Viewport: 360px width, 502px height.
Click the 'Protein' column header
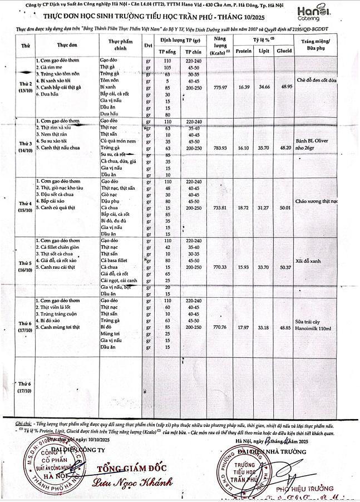click(x=243, y=50)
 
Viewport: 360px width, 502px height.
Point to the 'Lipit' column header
click(x=265, y=50)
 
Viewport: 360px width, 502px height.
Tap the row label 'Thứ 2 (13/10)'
click(x=26, y=87)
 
